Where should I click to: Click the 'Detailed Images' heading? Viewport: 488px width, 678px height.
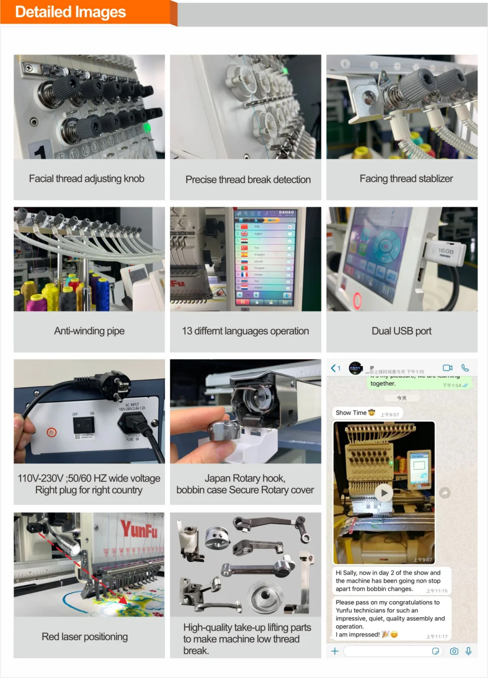click(71, 12)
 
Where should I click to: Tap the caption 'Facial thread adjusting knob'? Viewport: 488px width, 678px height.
click(87, 179)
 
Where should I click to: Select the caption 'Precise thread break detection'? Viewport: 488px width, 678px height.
click(248, 180)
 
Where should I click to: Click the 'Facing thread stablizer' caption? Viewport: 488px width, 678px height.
click(406, 179)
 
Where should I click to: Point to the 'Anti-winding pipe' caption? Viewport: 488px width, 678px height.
click(89, 331)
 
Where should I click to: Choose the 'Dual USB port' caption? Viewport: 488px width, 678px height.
click(402, 331)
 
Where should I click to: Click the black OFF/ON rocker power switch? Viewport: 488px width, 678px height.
click(83, 425)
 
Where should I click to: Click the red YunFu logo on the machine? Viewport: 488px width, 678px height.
click(139, 530)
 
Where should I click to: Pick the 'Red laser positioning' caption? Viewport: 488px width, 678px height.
click(85, 637)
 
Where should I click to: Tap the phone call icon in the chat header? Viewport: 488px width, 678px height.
click(465, 368)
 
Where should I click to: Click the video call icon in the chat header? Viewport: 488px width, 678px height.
click(448, 368)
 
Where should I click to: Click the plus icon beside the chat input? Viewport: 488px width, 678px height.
click(335, 651)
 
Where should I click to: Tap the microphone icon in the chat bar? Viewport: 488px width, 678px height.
click(468, 651)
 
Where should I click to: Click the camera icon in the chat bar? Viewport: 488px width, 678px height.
click(454, 651)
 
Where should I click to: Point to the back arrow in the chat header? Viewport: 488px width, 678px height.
click(334, 368)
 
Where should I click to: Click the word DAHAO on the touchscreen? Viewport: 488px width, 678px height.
click(287, 213)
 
